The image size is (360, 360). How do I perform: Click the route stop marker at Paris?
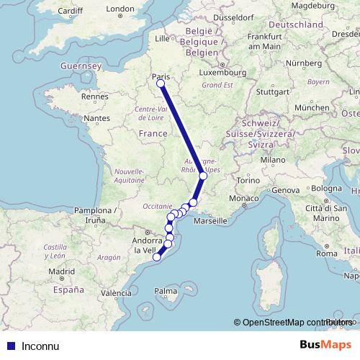[x=160, y=84]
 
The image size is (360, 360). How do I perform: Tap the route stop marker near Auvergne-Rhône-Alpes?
[x=203, y=176]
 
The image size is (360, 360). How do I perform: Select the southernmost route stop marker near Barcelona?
[x=156, y=257]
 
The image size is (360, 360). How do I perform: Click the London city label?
[x=120, y=9]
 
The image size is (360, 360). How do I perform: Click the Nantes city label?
[x=96, y=117]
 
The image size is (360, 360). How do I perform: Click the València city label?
[x=117, y=293]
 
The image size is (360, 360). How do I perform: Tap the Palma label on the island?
[x=165, y=291]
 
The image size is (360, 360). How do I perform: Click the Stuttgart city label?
[x=271, y=91]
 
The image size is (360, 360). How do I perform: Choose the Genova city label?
[x=284, y=189]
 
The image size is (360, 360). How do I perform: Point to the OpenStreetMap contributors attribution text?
[x=295, y=322]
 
